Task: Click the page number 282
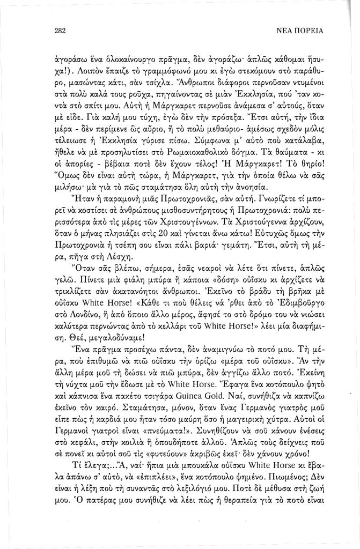pos(60,31)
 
